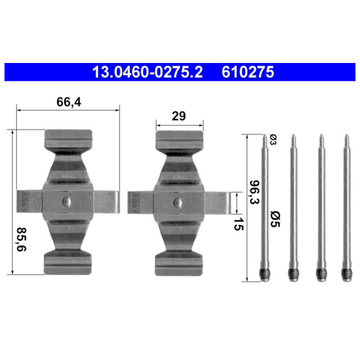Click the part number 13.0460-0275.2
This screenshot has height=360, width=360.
[148, 72]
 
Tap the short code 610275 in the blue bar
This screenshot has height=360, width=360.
[248, 72]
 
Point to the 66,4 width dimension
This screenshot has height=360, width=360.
[69, 102]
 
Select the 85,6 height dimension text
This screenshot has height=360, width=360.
[22, 239]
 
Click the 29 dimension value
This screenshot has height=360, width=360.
[179, 116]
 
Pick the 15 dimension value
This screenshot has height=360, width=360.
[238, 224]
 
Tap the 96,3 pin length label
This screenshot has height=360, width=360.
[255, 192]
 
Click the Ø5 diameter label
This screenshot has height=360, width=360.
[275, 219]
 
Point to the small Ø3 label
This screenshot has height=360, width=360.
[273, 140]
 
